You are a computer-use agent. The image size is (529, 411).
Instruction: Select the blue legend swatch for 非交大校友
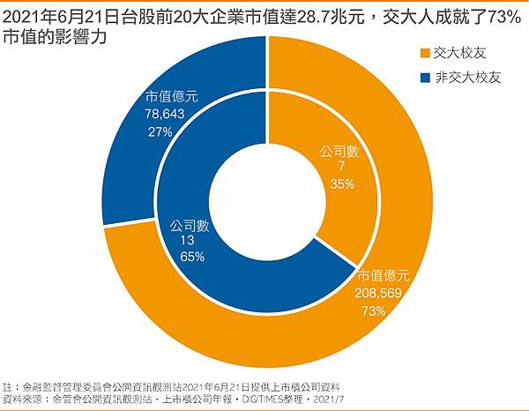coord(426,78)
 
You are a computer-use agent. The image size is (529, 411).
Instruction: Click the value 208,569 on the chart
coord(384,293)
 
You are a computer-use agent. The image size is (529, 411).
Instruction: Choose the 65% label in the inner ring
coord(192,257)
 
